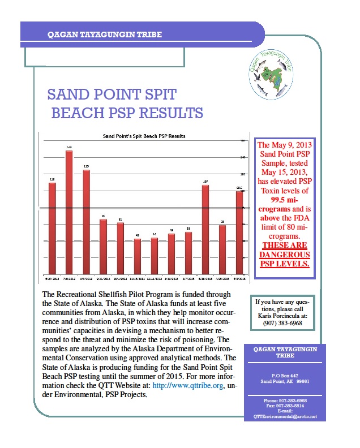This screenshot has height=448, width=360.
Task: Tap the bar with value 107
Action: (x=205, y=229)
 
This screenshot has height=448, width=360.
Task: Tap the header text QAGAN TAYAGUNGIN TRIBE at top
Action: (x=105, y=35)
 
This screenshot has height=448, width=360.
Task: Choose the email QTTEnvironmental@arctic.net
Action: (x=281, y=416)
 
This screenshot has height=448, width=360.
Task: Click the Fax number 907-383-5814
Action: (x=281, y=405)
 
